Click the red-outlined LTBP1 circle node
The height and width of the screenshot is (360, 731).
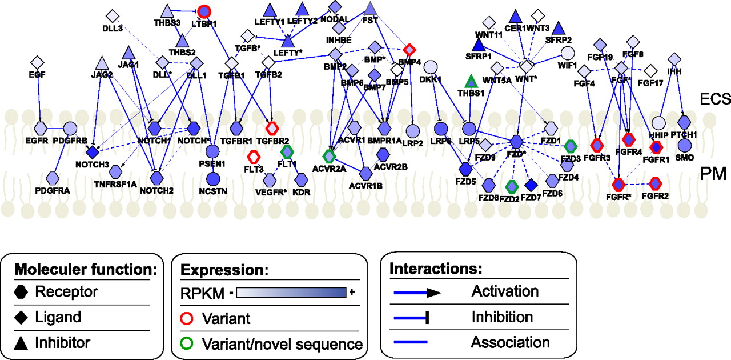(204, 11)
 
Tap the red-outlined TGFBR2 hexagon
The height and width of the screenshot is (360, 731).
(275, 127)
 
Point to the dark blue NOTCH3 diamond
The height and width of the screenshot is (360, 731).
(92, 152)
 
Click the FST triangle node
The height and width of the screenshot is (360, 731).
(371, 8)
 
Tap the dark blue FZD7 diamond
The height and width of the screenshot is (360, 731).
(532, 185)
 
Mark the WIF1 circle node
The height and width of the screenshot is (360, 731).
(567, 54)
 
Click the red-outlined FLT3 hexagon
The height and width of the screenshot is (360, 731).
(253, 155)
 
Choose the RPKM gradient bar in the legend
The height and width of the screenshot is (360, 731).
(292, 293)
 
